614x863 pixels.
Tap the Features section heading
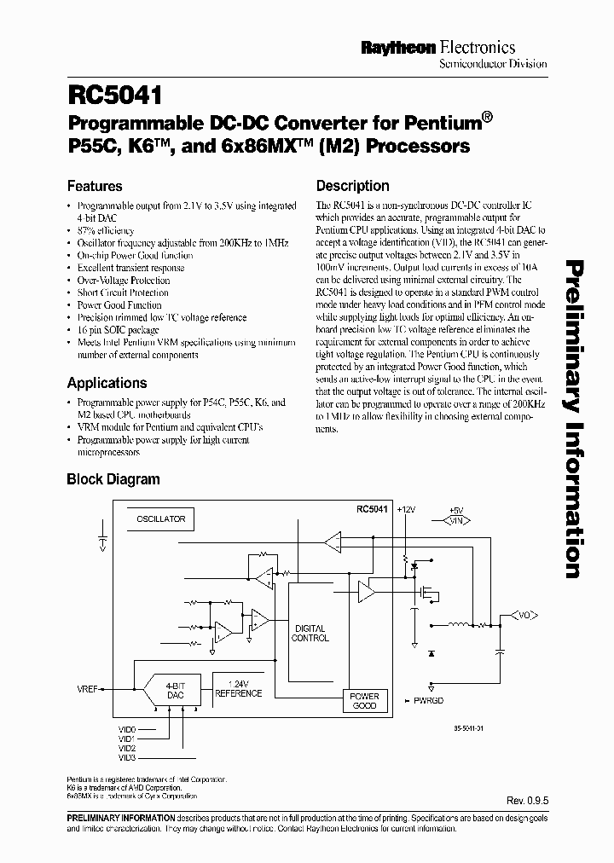tap(95, 186)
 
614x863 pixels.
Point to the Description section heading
tap(352, 186)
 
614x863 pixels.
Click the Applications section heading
tap(107, 383)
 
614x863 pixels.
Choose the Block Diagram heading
tap(113, 479)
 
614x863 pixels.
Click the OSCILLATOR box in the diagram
tap(160, 518)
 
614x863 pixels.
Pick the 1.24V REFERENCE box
tap(238, 688)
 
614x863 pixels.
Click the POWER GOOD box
tap(364, 701)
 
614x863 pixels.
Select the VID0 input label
tap(127, 729)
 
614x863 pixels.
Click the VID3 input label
tap(127, 757)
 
